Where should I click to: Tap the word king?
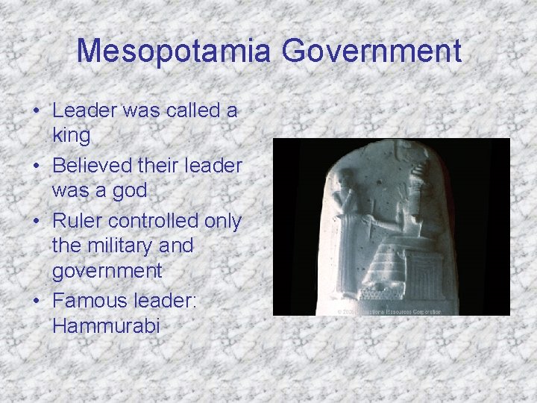[x=71, y=136]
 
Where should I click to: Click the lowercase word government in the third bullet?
[x=107, y=270]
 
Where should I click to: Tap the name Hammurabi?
[x=106, y=325]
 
